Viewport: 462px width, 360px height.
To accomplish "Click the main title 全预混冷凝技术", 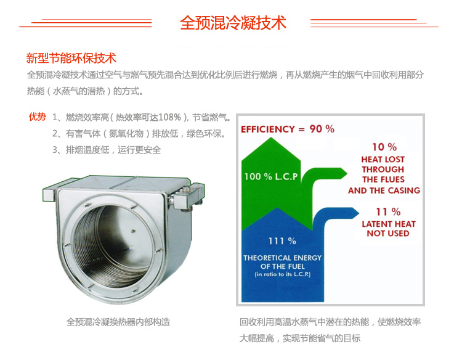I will click(x=233, y=23).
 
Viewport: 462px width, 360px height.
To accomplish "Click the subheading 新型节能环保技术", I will click(x=71, y=59).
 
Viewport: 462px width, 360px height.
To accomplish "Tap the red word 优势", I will click(x=37, y=117).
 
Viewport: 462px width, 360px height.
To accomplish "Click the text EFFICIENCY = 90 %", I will click(x=288, y=129).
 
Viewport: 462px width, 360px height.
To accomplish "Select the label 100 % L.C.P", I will click(x=271, y=176).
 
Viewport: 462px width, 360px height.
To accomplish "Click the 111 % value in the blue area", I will click(x=282, y=240).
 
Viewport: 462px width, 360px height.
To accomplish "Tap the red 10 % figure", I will click(x=384, y=147).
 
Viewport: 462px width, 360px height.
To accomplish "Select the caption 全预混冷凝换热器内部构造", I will click(x=118, y=322).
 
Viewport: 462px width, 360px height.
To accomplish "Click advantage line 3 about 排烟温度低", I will click(x=107, y=150).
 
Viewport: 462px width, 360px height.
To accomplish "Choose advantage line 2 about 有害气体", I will click(x=139, y=133).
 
